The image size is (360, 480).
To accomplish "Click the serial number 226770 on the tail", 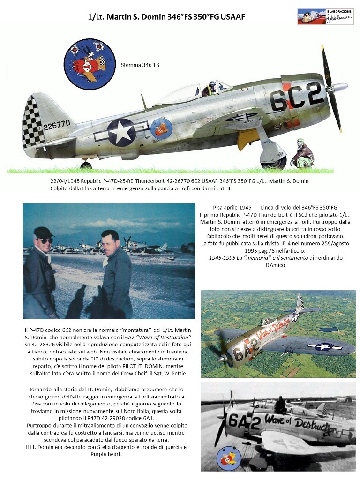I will (57, 125).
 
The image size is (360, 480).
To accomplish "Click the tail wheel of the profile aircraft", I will (86, 165).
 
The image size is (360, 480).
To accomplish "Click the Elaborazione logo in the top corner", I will (326, 16).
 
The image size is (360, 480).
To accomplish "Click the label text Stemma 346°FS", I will (140, 65).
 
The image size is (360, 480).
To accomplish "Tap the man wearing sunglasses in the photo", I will (42, 267).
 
